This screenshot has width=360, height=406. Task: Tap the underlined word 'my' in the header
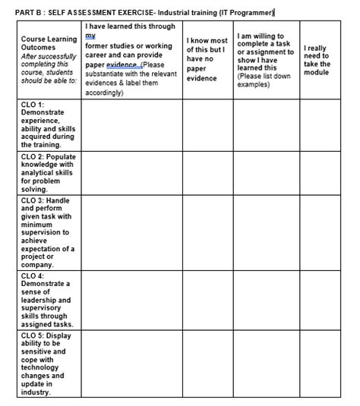tap(90, 36)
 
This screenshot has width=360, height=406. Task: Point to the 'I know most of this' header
tap(207, 58)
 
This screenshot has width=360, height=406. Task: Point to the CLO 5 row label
tap(46, 364)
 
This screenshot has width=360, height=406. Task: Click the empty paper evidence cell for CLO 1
tap(131, 124)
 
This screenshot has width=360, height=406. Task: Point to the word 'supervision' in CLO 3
tap(45, 231)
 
